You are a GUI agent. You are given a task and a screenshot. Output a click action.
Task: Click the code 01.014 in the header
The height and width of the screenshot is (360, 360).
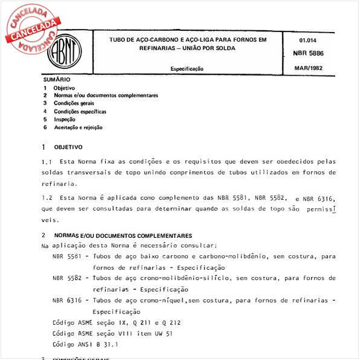coord(307,41)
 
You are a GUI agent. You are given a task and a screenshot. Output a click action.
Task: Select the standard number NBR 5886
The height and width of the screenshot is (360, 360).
coord(307,53)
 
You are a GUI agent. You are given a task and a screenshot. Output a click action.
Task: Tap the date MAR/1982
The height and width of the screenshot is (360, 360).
coord(307,68)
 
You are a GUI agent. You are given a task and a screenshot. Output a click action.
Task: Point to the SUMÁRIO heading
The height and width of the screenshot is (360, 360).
coord(56,79)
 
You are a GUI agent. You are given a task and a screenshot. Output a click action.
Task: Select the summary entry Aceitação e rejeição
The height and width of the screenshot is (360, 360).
coord(78,128)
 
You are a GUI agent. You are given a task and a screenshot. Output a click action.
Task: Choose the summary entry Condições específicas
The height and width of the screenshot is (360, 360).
coord(80,111)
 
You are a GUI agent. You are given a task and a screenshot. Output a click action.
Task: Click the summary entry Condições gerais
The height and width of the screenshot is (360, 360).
coord(74,103)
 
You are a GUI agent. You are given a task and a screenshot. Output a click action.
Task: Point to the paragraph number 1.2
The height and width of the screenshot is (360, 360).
coord(47,198)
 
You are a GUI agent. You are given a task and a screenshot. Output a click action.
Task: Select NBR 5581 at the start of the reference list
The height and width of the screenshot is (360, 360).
coord(67,257)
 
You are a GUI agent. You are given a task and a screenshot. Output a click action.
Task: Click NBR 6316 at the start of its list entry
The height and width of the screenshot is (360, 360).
coord(67,300)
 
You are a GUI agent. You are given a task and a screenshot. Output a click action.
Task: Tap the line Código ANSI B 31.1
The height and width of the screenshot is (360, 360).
coord(85,344)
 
